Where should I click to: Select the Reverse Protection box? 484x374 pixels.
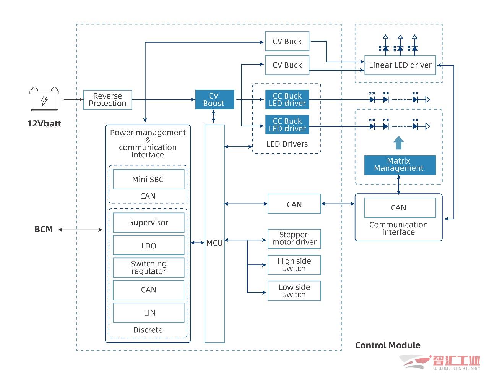107,99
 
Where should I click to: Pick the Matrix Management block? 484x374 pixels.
400,165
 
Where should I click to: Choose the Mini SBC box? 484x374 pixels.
148,179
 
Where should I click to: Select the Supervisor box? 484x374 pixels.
148,222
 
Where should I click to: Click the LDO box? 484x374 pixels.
148,245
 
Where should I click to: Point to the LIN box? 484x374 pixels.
148,312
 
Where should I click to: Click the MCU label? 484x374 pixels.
214,243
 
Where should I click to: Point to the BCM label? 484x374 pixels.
44,229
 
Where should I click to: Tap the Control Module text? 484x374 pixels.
387,345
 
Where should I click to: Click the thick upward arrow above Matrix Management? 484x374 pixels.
398,142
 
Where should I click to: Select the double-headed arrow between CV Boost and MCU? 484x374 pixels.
213,117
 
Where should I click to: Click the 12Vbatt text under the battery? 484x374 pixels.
44,123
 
